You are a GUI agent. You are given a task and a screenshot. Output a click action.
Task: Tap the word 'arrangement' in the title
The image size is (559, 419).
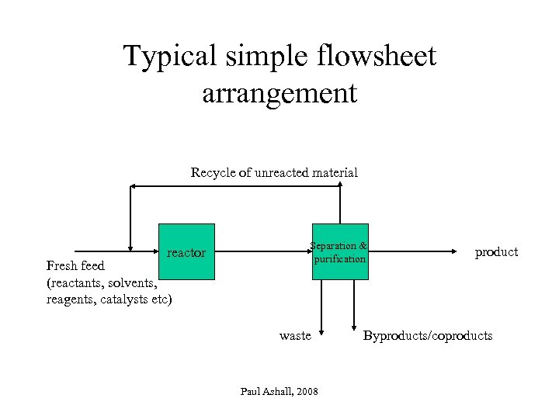279,93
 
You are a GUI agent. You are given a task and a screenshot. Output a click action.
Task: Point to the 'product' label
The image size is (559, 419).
496,251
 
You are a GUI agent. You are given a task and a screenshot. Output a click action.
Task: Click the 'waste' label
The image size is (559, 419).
295,335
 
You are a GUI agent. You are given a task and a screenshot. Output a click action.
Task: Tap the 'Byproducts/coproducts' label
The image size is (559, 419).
428,335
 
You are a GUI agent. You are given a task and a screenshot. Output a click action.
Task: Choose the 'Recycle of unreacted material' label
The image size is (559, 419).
274,172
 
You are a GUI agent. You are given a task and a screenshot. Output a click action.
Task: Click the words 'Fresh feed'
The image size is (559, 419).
75,266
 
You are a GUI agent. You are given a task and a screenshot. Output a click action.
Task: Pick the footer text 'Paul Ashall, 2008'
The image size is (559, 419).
279,392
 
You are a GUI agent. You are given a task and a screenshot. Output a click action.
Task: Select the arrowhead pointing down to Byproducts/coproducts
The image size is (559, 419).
354,326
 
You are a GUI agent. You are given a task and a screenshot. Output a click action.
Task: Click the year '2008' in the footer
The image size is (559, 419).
305,392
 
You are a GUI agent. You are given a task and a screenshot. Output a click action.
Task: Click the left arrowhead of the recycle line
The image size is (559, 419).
133,186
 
